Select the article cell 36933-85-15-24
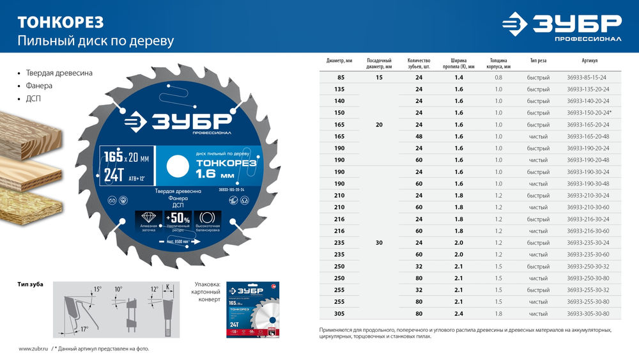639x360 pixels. (586, 77)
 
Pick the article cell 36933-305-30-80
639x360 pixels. (587, 313)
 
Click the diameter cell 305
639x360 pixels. (339, 313)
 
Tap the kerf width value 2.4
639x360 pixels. (458, 313)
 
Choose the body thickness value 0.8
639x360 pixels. (498, 77)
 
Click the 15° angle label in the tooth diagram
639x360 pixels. (97, 289)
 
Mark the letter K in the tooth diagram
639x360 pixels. (168, 288)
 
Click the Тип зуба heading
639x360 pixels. (31, 283)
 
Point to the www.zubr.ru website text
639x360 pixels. (34, 349)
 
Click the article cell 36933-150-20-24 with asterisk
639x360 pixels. (589, 113)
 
